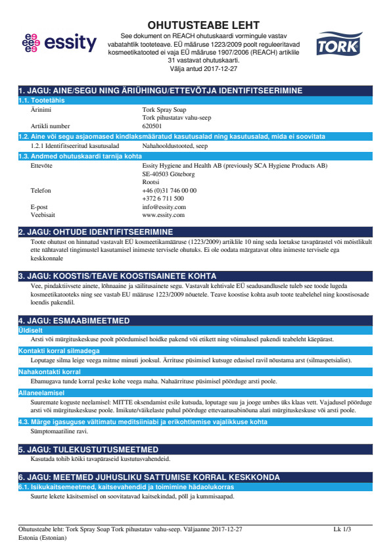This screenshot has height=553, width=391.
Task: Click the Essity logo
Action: tap(58, 44)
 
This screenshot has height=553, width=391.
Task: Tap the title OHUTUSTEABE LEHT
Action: tap(204, 25)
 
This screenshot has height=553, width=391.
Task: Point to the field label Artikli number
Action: tap(51, 125)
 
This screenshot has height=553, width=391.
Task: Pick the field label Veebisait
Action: tap(44, 214)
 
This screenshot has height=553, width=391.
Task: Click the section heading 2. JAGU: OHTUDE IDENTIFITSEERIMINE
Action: tap(96, 232)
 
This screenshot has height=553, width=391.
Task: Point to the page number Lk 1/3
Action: tap(342, 529)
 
